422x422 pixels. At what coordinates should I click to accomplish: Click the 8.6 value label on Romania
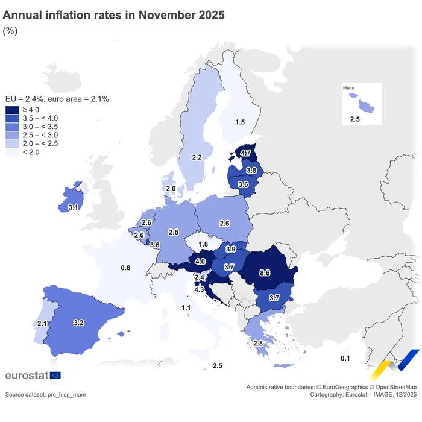[x=264, y=273]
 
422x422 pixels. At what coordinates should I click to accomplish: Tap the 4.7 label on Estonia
[x=245, y=154]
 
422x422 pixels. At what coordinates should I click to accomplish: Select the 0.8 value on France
[x=125, y=268]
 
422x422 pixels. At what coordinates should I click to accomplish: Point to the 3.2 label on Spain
[x=78, y=323]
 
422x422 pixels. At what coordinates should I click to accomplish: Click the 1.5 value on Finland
[x=240, y=122]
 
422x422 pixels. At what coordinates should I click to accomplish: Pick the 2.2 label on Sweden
[x=197, y=157]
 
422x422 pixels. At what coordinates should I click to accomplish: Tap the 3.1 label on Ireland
[x=74, y=207]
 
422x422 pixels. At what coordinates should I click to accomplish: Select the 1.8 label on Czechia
[x=203, y=244]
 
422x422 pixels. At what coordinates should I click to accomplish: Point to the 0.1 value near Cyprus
[x=345, y=359]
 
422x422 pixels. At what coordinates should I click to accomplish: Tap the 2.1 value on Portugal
[x=42, y=324]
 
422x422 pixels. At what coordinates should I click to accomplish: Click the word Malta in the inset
[x=349, y=89]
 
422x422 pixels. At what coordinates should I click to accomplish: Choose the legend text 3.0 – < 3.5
[x=40, y=127]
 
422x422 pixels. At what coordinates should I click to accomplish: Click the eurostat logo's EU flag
[x=55, y=376]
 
